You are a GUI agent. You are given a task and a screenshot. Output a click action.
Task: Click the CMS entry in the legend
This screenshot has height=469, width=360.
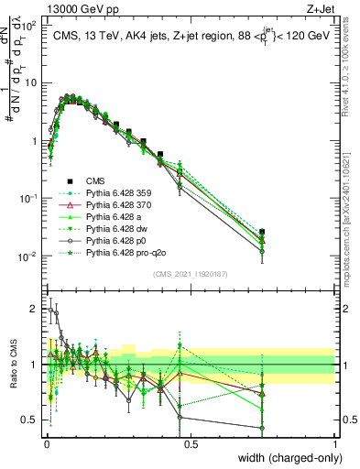[x=96, y=180]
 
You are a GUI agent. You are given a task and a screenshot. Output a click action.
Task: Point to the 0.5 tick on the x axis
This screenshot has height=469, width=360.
[x=191, y=443]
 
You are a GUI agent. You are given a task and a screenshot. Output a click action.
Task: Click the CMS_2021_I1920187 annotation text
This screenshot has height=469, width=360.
[x=190, y=274]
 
